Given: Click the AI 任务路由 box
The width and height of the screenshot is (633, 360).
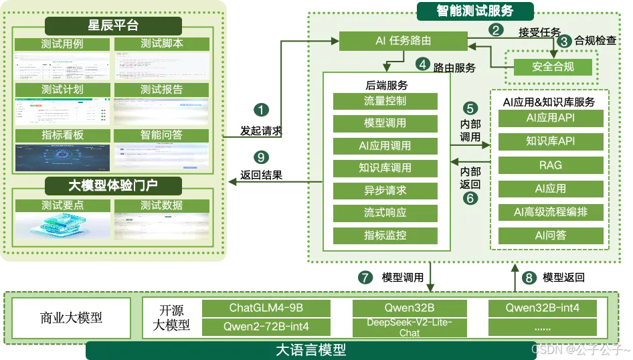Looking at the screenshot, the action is (402, 41).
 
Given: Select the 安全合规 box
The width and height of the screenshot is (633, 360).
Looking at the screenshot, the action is (553, 67).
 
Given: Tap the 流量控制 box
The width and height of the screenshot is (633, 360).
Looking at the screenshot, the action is (385, 101).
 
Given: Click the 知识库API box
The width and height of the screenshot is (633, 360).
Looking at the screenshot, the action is (551, 141).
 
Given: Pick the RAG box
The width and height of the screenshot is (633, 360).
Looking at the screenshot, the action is (551, 165).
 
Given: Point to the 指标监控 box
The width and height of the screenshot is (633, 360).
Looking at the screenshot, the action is (385, 236).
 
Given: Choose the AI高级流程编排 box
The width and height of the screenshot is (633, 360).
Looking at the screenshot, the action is (551, 213).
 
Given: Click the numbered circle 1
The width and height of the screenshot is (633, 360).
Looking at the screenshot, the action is (262, 109).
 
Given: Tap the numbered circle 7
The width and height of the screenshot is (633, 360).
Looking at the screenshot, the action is (365, 277).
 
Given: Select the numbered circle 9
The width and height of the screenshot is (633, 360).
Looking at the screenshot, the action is (262, 158).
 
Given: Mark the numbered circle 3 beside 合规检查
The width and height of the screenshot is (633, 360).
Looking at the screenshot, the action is (565, 41).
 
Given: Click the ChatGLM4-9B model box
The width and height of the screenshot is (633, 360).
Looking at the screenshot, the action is (266, 308).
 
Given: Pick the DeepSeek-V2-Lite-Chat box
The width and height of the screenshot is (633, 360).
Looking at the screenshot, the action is (409, 327).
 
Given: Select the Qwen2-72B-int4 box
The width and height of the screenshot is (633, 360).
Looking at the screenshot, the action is (266, 327).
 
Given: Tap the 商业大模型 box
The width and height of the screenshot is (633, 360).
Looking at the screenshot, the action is (72, 318).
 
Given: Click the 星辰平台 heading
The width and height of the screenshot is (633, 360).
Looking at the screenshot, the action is (113, 26).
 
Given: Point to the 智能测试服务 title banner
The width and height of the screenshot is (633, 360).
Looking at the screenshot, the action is (475, 11).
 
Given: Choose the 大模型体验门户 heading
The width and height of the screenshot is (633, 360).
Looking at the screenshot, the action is (113, 183).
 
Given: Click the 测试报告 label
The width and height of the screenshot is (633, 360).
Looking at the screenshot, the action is (161, 89).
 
